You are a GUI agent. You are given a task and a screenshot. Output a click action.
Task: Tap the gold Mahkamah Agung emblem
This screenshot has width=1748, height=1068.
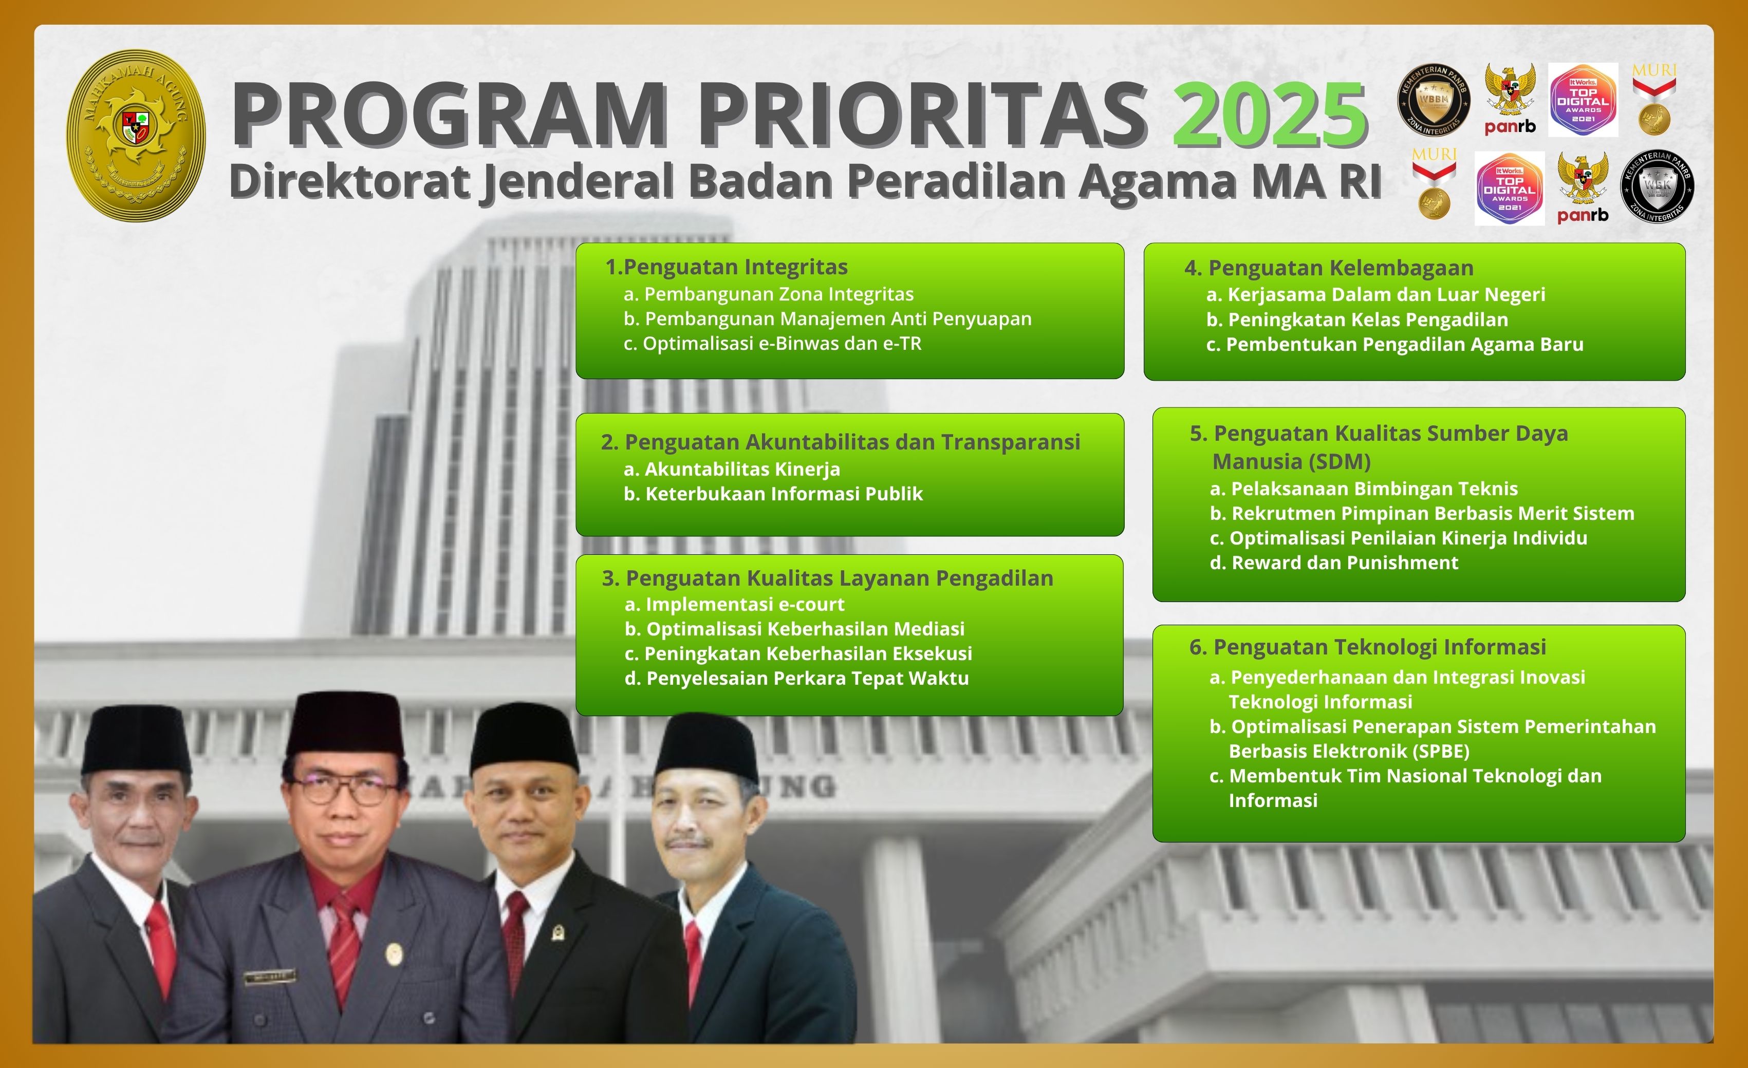(x=136, y=135)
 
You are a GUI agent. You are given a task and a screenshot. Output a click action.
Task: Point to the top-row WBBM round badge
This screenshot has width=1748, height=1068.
(x=1434, y=100)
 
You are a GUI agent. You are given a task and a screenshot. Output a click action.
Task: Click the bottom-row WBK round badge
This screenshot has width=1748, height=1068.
(x=1657, y=186)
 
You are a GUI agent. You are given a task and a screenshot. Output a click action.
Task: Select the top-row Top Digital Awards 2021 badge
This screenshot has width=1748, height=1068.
(x=1583, y=100)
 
